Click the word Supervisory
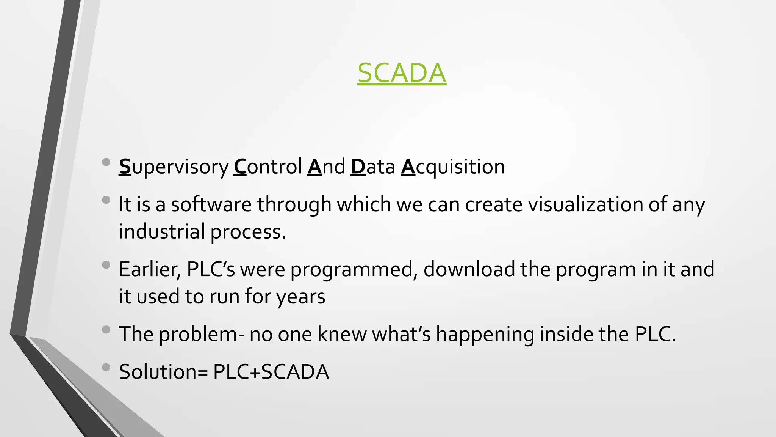(x=174, y=167)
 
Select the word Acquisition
(x=453, y=167)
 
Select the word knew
(x=342, y=334)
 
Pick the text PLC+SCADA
(x=271, y=372)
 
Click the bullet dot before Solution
(x=106, y=367)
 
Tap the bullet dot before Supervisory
(x=106, y=162)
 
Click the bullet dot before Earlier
(x=106, y=264)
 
